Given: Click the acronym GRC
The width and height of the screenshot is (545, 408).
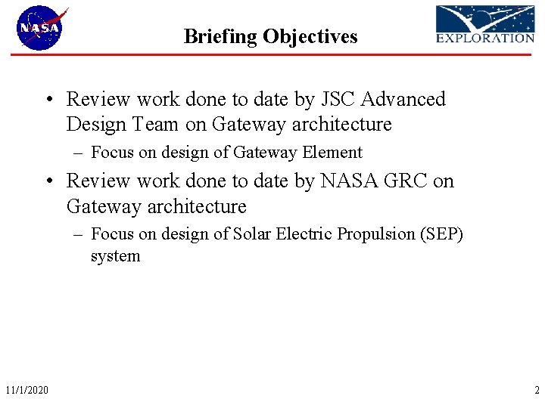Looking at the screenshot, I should pos(407,181).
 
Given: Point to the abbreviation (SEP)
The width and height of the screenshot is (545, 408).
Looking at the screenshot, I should pos(441,234).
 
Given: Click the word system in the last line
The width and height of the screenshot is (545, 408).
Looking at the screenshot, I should pos(115,256).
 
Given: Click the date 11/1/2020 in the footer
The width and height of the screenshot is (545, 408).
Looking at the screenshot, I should pos(26,390).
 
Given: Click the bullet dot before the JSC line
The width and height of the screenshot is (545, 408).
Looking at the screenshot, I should pos(48,100).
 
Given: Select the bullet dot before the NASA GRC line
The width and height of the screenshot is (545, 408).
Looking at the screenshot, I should pos(48,181).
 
